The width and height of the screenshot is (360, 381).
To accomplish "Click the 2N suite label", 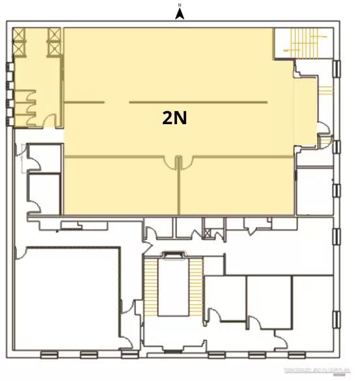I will pos(174,117).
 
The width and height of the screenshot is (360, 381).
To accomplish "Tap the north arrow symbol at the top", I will pos(180,12).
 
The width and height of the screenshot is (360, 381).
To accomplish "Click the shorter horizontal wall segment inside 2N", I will pos(83,103).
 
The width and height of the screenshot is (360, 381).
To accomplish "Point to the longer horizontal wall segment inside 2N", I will pos(198,103).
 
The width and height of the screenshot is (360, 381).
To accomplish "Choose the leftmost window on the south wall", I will pos(49,354).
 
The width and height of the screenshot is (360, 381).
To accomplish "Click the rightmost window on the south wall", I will pos(297,354).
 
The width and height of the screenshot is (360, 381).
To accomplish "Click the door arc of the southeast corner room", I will pos(281,337).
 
